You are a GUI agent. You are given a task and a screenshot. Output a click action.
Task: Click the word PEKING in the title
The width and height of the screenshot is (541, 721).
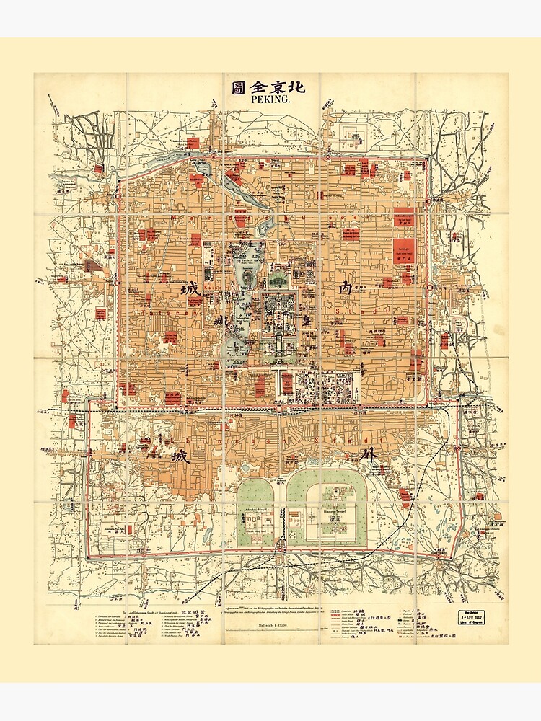pos(270,100)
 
